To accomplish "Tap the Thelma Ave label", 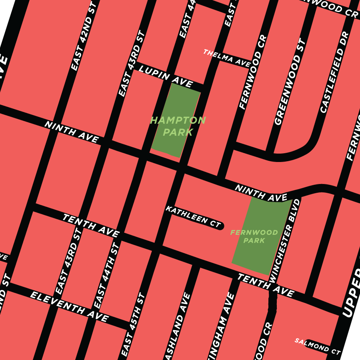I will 226,58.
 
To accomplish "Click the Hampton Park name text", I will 178,126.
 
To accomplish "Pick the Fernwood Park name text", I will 254,236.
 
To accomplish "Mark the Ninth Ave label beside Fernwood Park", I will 261,193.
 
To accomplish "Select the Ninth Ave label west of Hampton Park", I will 72,132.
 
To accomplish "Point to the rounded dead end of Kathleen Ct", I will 220,226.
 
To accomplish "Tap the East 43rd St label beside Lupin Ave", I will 130,64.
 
